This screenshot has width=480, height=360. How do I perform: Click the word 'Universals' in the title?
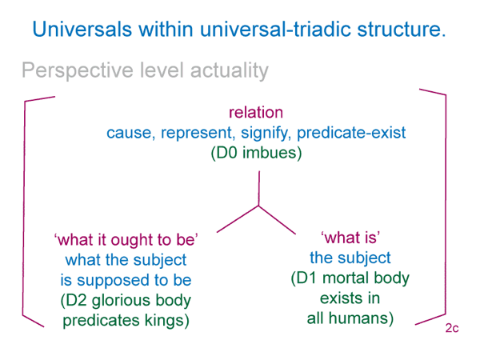pos(82,29)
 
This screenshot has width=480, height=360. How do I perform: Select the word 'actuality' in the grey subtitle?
pos(230,71)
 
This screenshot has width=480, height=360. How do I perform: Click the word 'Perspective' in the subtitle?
pos(78,71)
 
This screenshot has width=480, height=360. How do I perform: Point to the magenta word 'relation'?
pos(256,112)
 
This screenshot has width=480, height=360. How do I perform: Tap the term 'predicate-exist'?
pos(351,133)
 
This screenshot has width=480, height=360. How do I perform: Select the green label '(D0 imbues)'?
pos(256,153)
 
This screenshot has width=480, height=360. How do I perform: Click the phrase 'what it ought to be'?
pos(126,240)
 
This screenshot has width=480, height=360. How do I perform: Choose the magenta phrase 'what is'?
pos(350,238)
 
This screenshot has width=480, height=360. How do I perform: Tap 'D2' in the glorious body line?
pos(77,300)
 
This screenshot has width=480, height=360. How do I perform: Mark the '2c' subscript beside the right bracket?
pos(452,328)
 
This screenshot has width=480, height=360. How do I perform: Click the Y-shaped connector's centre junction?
pos(259,206)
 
